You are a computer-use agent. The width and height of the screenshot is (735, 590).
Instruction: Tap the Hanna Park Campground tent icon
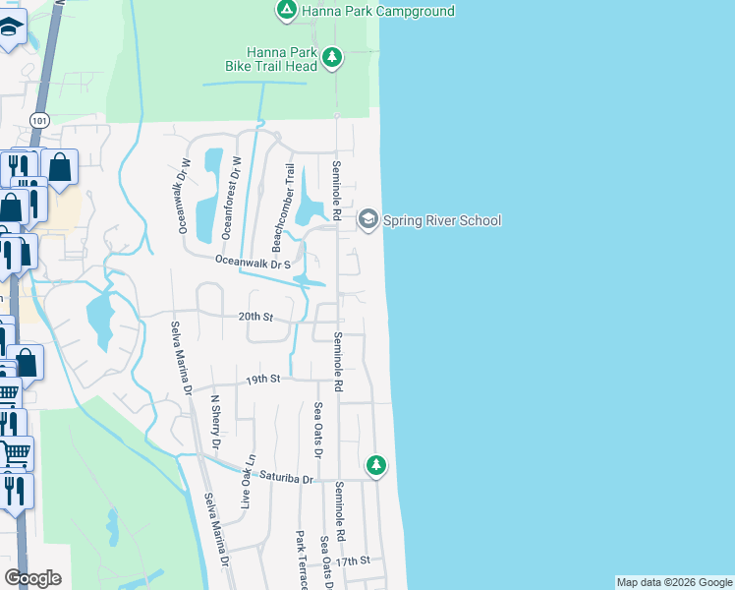pos(285,11)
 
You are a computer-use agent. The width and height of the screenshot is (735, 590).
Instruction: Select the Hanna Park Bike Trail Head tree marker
pos(332,58)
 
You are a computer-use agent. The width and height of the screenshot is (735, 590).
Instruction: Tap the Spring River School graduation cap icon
pos(367,218)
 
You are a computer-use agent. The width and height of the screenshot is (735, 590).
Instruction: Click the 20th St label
pos(254,318)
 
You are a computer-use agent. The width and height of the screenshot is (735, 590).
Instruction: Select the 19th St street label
pos(263,379)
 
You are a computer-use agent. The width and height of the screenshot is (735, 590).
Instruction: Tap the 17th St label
pos(351,560)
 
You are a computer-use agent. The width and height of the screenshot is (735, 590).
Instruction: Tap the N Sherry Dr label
pos(215,423)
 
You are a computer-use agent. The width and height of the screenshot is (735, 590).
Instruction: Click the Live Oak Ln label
pos(250,480)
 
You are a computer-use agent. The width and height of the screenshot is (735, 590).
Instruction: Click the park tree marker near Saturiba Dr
pos(375,465)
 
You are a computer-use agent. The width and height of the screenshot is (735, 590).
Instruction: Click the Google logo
pos(32,578)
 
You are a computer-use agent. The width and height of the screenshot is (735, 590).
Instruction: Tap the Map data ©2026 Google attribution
pos(674,582)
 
